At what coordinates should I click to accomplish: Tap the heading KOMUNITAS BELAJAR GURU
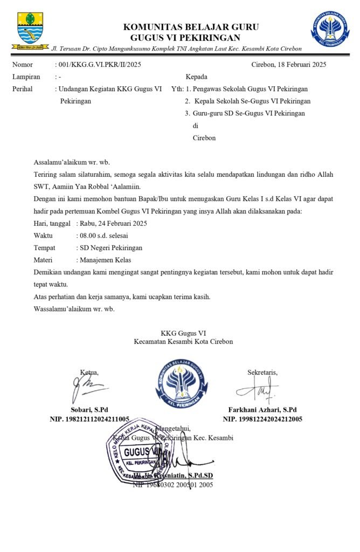click(x=191, y=27)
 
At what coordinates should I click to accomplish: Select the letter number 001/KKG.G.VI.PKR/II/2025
click(x=98, y=65)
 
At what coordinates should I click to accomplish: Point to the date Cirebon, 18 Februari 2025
click(x=288, y=65)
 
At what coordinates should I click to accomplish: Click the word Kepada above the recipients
click(x=196, y=77)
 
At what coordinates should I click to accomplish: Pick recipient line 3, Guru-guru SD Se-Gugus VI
click(x=248, y=113)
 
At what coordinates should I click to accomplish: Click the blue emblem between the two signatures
click(x=182, y=383)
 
